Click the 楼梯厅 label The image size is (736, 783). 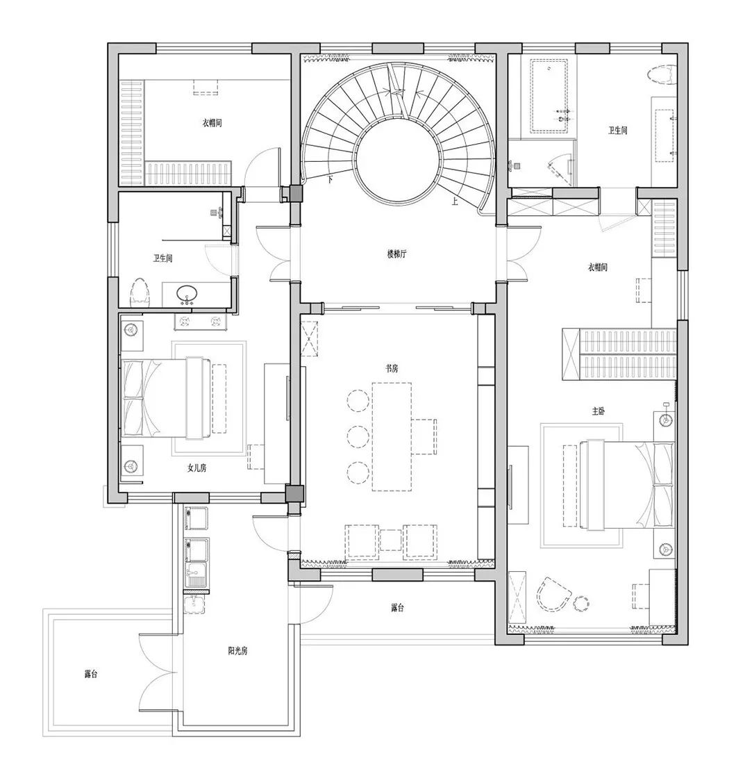[x=396, y=254]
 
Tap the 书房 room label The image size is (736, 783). [x=392, y=368]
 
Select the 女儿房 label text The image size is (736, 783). [x=196, y=468]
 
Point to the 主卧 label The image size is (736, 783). [x=599, y=411]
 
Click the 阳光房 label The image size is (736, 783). [x=237, y=651]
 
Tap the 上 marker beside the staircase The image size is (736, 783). [x=455, y=201]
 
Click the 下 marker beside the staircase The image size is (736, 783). [x=330, y=179]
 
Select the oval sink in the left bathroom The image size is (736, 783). [x=187, y=293]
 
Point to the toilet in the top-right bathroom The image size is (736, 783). [x=662, y=76]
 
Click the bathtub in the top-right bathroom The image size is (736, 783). [x=549, y=96]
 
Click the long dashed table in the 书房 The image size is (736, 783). [x=392, y=436]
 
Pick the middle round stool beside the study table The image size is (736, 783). [x=358, y=436]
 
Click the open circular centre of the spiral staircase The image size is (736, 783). [x=399, y=160]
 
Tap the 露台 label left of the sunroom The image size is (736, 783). [x=90, y=674]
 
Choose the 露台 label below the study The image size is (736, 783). [x=397, y=608]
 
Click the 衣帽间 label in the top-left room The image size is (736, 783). [x=212, y=122]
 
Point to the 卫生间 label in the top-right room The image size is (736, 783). [x=617, y=131]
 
